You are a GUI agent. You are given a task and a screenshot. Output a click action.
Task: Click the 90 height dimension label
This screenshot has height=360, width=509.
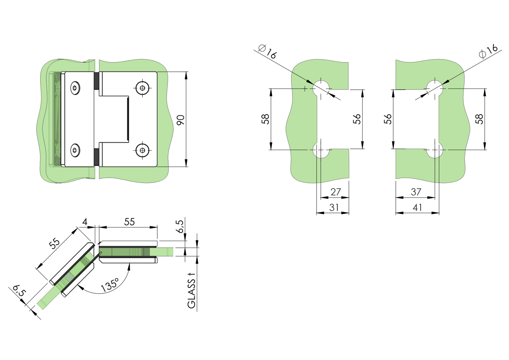coord(181,120)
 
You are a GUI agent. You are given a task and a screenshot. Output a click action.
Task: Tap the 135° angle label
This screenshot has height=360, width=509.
coord(110,285)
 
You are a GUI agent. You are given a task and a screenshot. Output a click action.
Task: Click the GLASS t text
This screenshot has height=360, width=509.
coord(191,291)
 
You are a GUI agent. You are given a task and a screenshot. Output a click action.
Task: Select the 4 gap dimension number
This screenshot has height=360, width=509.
coord(85,222)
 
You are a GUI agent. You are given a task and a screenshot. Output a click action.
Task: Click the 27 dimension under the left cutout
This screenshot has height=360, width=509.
coord(336,192)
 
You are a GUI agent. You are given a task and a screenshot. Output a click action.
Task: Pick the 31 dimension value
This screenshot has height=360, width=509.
coord(334,208)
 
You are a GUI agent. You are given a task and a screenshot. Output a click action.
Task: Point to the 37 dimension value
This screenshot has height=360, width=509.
coord(416,192)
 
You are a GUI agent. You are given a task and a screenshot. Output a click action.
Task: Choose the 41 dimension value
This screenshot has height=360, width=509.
coord(418,208)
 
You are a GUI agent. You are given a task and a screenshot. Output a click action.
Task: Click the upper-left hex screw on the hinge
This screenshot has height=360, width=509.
coord(75,88)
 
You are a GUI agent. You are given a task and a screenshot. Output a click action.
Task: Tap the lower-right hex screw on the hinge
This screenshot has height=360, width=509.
coord(142,150)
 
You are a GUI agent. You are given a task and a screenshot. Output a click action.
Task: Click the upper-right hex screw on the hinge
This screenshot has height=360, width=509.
coord(142,88)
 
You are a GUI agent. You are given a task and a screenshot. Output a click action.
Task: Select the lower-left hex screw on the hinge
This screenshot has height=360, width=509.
coord(75,150)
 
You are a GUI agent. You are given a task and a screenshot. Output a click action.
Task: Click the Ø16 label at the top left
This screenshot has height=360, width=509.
coord(268,52)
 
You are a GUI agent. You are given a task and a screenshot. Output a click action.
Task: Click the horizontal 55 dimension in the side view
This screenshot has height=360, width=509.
coord(129,222)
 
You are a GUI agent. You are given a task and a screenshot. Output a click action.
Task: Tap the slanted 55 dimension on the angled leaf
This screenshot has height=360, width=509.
coord(55,243)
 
